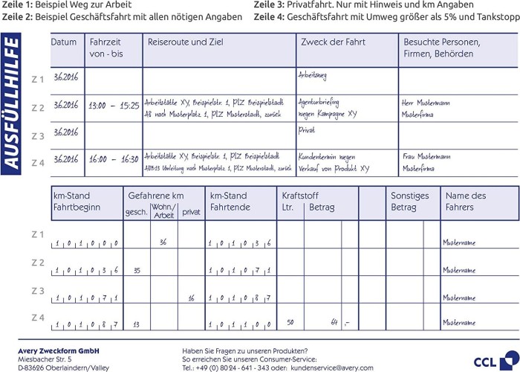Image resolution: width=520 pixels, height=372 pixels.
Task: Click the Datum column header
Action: [x=64, y=42]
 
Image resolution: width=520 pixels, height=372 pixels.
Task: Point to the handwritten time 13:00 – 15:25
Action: [x=114, y=106]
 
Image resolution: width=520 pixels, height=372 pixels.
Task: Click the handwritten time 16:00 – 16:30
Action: [x=114, y=159]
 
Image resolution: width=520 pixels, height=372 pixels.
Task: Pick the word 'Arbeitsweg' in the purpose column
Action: [x=312, y=75]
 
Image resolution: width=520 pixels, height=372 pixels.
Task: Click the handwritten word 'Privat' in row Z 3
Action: [x=306, y=130]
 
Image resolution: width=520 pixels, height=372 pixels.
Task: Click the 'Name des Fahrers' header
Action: [x=465, y=201]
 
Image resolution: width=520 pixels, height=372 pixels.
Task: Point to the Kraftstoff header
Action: [x=301, y=196]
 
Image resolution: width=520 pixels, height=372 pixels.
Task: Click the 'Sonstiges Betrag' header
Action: [x=410, y=201]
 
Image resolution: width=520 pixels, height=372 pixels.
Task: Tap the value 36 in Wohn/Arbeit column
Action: [x=163, y=242]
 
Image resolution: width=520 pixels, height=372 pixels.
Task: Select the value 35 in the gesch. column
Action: [x=137, y=270]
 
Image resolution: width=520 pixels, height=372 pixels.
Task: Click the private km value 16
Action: [x=191, y=298]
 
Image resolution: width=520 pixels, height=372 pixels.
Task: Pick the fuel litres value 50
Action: [x=290, y=322]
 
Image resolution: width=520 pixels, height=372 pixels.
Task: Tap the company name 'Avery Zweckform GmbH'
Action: [x=59, y=350]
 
